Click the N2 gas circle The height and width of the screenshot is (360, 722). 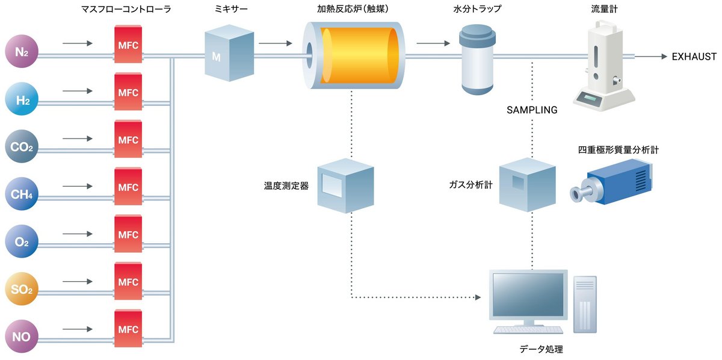tap(23, 53)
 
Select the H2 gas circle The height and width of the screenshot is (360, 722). tap(23, 100)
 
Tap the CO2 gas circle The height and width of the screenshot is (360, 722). tap(23, 147)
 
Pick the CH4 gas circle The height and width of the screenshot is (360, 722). tap(23, 194)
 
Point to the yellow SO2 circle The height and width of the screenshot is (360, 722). tap(23, 289)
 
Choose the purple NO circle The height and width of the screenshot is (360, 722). tap(23, 336)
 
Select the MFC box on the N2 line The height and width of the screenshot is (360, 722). tap(128, 45)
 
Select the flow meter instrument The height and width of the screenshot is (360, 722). tap(603, 63)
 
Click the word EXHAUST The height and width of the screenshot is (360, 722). tap(694, 57)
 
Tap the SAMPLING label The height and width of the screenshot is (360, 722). tap(532, 110)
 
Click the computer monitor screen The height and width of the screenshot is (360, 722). tap(528, 296)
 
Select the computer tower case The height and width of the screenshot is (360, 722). tap(585, 304)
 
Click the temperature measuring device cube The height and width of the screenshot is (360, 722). tap(345, 185)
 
